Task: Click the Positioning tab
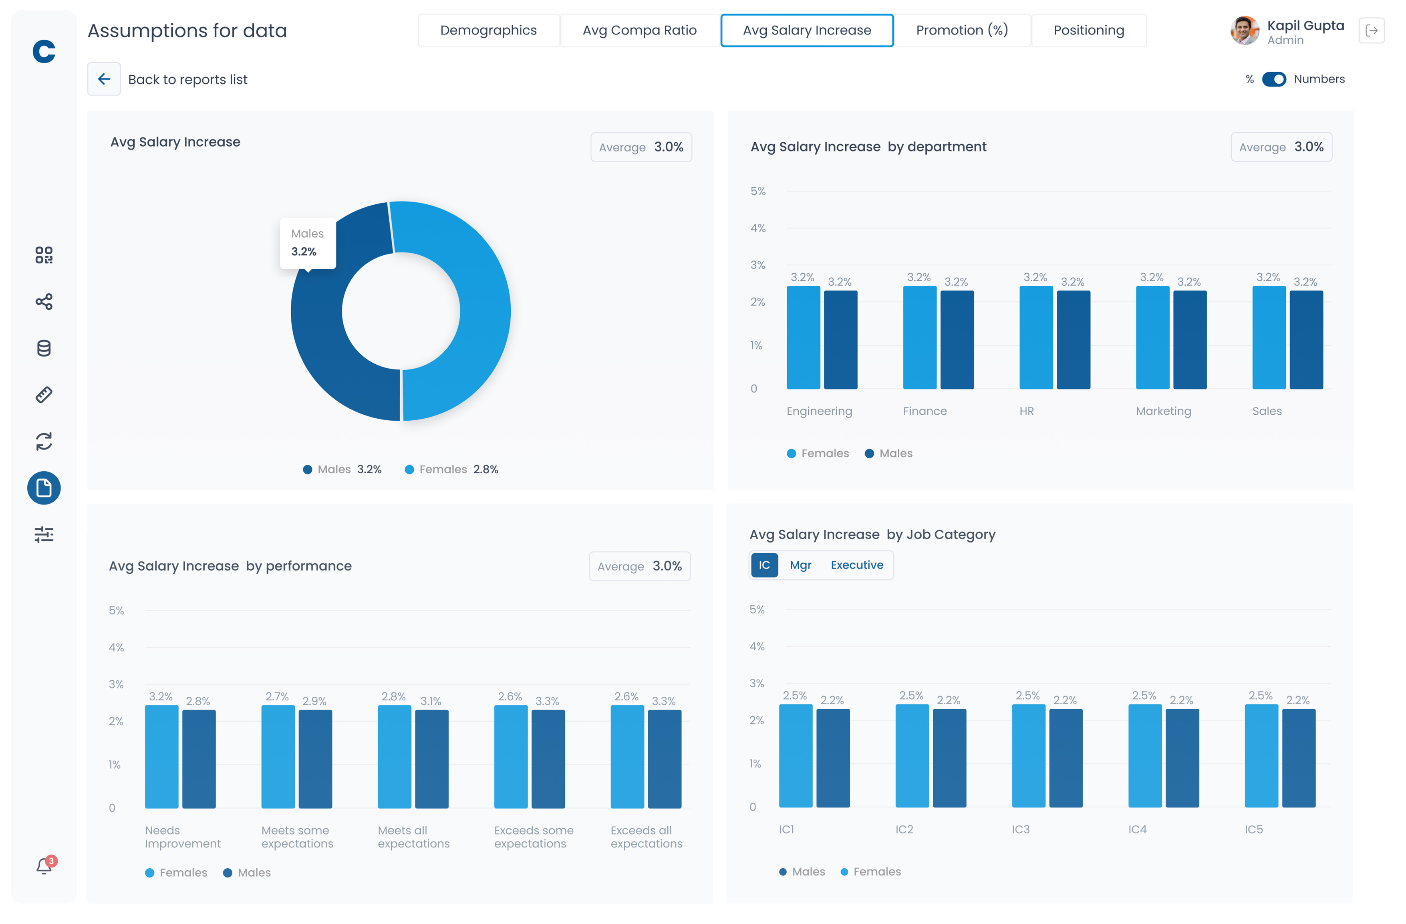(1088, 30)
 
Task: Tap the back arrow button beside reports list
(104, 79)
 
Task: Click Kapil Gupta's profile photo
(1244, 31)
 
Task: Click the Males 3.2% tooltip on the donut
(308, 243)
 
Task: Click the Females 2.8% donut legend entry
(451, 469)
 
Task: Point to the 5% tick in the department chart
(757, 192)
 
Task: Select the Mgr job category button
(800, 565)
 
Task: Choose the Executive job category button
(856, 565)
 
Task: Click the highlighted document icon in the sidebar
(44, 488)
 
